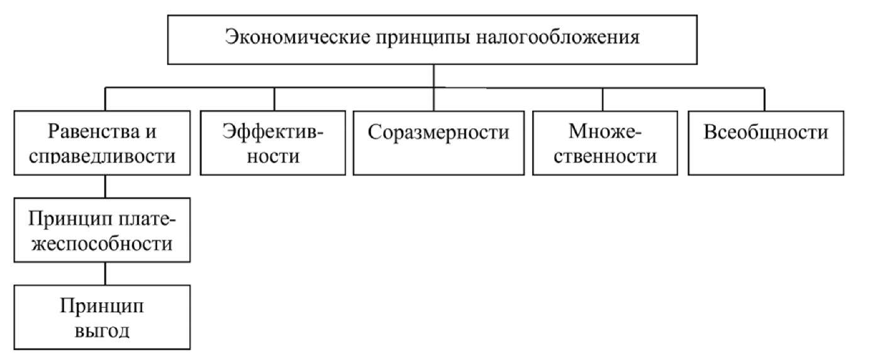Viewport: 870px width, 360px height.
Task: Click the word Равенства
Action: pyautogui.click(x=94, y=131)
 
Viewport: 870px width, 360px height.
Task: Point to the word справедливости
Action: pyautogui.click(x=102, y=156)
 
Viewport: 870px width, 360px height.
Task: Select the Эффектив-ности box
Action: pyautogui.click(x=272, y=143)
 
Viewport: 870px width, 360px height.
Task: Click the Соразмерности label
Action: pyautogui.click(x=438, y=132)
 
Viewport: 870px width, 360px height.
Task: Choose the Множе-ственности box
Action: pyautogui.click(x=605, y=143)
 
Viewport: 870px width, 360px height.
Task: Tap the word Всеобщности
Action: pyautogui.click(x=766, y=132)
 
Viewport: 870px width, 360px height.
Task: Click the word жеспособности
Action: pyautogui.click(x=102, y=244)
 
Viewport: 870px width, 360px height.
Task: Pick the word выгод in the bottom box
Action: pyautogui.click(x=102, y=331)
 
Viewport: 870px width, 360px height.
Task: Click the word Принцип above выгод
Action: pyautogui.click(x=102, y=306)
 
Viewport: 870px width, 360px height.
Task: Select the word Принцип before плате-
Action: pyautogui.click(x=70, y=219)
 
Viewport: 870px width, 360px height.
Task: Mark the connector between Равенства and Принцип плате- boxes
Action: pyautogui.click(x=105, y=187)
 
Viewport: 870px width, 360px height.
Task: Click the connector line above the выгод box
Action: pyautogui.click(x=105, y=274)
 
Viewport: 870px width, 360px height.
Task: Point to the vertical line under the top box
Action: pyautogui.click(x=433, y=76)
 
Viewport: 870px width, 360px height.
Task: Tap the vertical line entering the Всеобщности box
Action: pyautogui.click(x=764, y=99)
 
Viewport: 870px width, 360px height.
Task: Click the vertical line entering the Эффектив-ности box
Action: pyautogui.click(x=274, y=99)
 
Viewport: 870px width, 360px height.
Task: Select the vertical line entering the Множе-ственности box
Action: pyautogui.click(x=603, y=99)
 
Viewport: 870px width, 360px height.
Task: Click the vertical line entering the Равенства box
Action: pyautogui.click(x=105, y=99)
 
